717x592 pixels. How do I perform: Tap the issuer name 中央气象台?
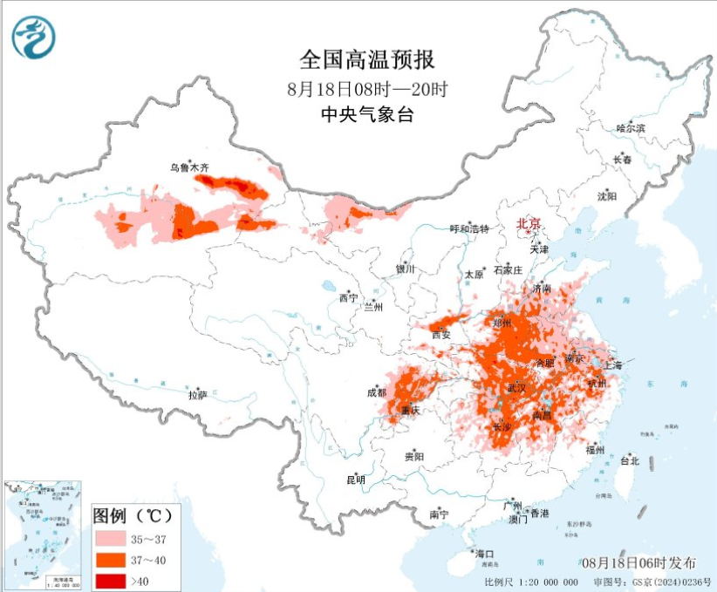click(365, 114)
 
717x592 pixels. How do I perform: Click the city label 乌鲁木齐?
click(189, 167)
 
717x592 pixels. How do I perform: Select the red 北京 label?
click(528, 223)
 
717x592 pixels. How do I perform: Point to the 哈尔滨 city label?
click(630, 128)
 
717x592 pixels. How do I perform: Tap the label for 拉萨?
click(198, 394)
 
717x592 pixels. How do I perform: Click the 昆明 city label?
click(356, 479)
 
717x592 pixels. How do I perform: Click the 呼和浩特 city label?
click(468, 228)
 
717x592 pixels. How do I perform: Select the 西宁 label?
click(348, 298)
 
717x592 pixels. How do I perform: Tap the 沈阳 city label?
click(606, 196)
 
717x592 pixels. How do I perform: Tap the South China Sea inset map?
click(44, 531)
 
